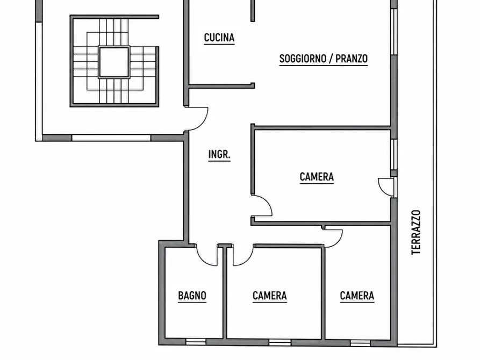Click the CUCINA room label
click(x=219, y=38)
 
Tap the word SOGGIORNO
click(x=303, y=59)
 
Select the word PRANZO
click(x=352, y=59)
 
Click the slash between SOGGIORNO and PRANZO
click(x=331, y=59)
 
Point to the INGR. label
click(x=219, y=155)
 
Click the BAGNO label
click(x=192, y=296)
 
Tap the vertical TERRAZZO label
click(x=415, y=232)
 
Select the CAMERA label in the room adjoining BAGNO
click(x=270, y=296)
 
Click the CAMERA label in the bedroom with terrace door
click(x=317, y=177)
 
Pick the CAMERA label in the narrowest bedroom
click(x=357, y=296)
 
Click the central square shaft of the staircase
click(x=114, y=62)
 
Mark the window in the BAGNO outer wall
click(x=196, y=342)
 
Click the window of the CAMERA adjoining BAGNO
click(x=280, y=342)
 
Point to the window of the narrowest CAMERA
click(x=360, y=343)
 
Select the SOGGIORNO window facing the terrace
click(x=394, y=32)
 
